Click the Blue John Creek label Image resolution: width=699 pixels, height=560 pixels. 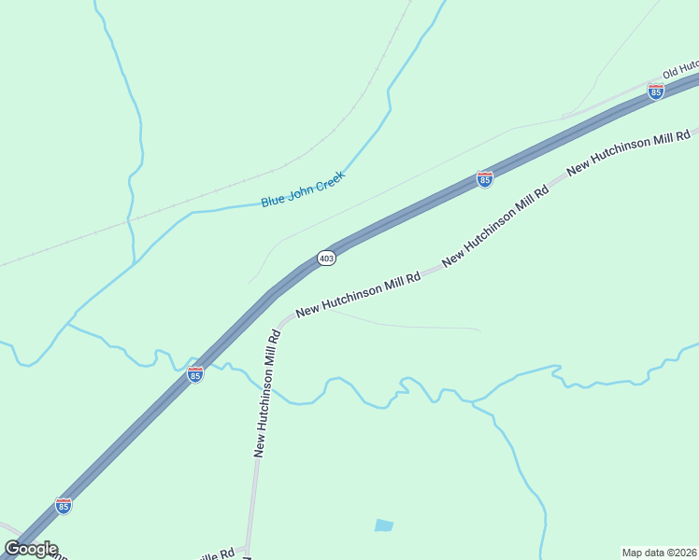point(303,189)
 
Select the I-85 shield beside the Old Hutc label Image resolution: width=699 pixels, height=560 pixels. point(656,91)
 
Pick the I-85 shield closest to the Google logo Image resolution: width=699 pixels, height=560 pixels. point(64,506)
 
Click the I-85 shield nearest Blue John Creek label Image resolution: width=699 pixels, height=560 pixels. point(484,179)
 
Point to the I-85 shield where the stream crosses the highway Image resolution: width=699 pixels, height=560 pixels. point(194,374)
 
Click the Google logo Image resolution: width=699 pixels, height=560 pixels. point(31,549)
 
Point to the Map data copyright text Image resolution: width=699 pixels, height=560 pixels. point(659,553)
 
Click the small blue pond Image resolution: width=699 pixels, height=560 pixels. point(384,525)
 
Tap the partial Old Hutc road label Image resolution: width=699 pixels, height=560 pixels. point(680,72)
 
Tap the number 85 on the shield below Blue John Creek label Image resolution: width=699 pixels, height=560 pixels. point(484,180)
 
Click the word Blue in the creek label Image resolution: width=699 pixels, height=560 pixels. point(273,200)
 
